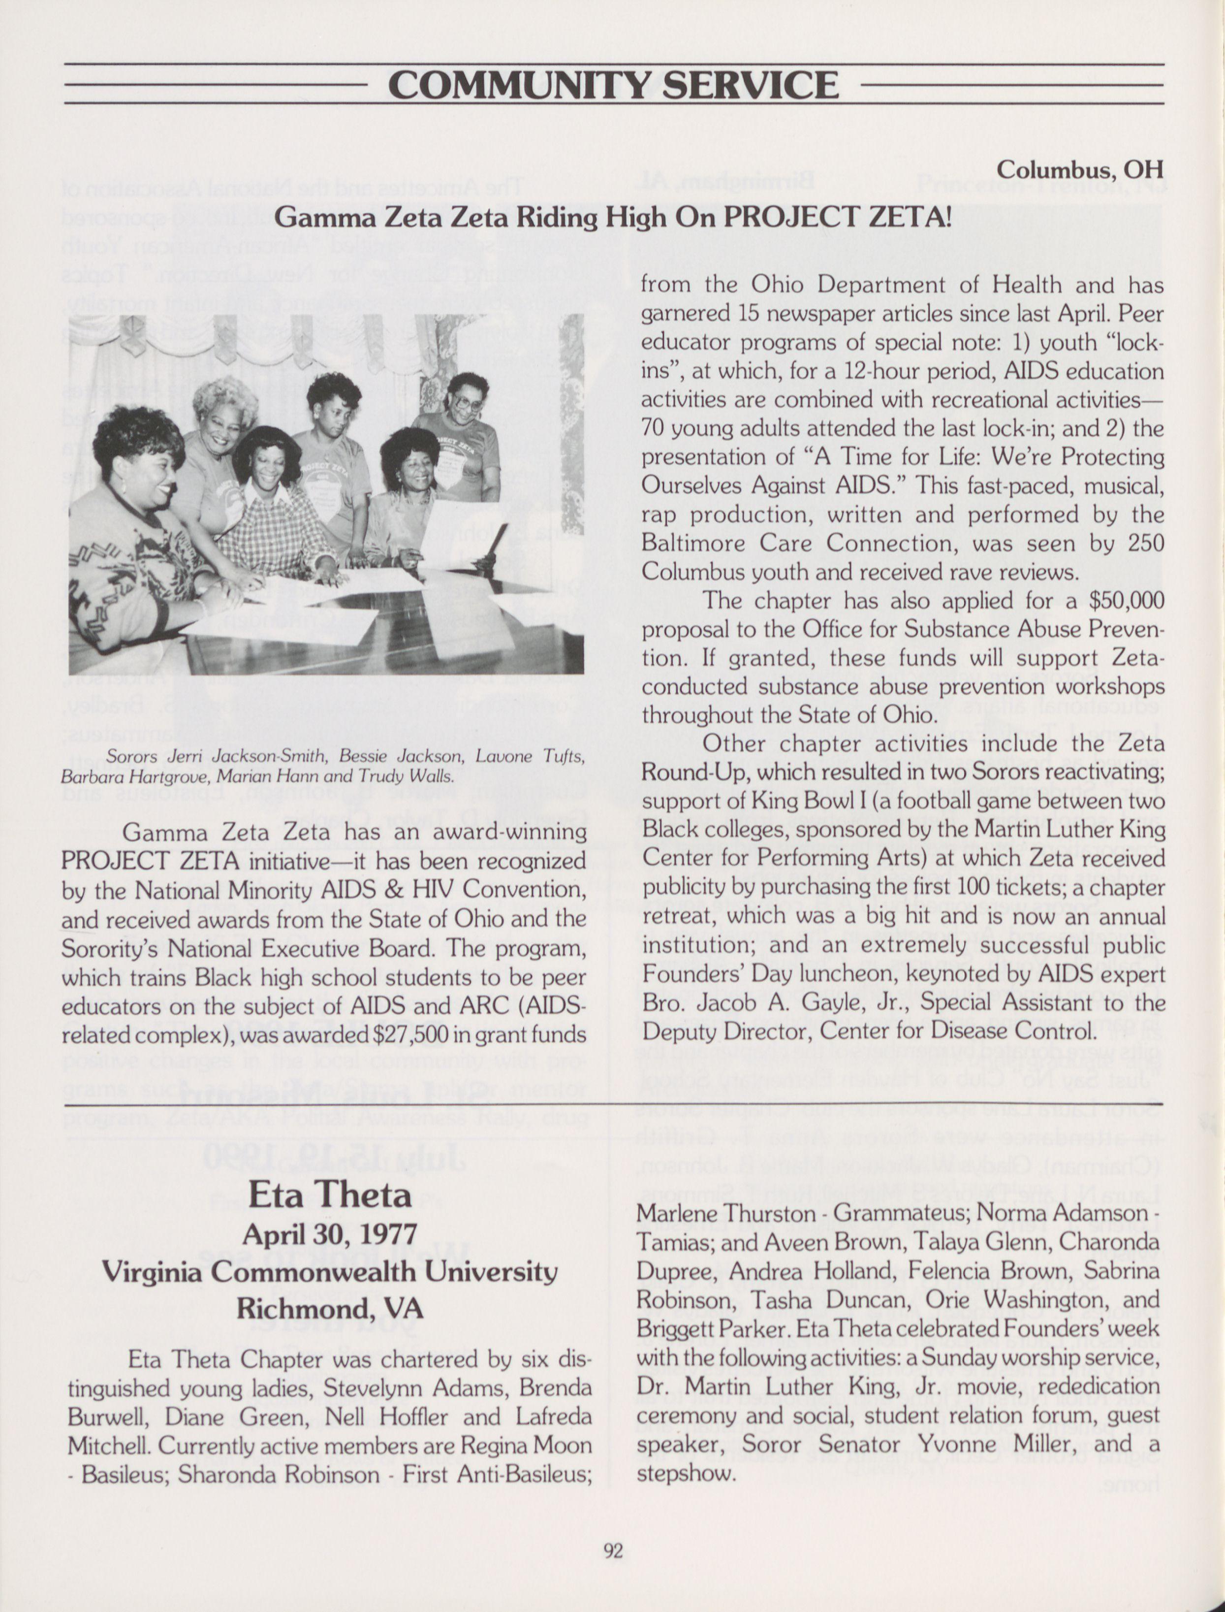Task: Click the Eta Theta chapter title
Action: click(x=330, y=1194)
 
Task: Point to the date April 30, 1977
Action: click(x=330, y=1233)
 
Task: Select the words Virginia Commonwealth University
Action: click(x=330, y=1271)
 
